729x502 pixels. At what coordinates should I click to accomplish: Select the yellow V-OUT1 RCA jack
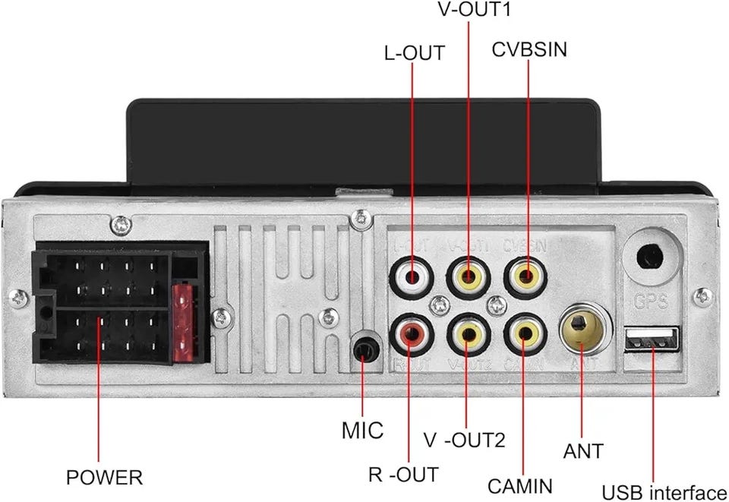(x=468, y=276)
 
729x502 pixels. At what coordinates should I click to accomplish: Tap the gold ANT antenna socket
(x=581, y=327)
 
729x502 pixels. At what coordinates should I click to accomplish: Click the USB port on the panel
(x=652, y=339)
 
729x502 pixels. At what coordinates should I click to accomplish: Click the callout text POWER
(x=104, y=478)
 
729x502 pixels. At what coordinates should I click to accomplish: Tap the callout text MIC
(x=362, y=431)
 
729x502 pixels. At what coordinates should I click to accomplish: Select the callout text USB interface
(x=664, y=493)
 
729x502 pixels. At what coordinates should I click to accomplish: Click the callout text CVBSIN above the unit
(x=529, y=49)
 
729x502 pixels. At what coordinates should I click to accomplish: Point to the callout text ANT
(x=583, y=450)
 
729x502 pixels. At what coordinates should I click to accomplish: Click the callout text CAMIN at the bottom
(x=520, y=485)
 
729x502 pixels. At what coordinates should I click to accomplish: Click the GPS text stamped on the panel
(x=652, y=302)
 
